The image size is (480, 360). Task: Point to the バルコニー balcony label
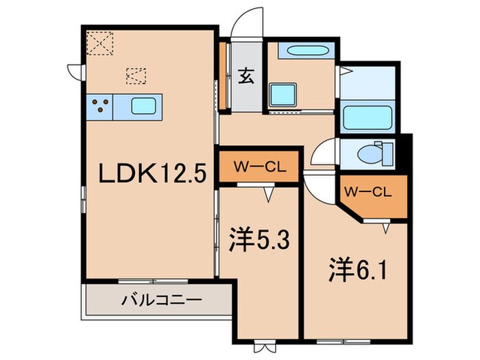(x=161, y=300)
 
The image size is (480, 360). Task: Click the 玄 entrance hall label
(x=245, y=75)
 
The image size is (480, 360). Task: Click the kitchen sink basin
(x=143, y=106)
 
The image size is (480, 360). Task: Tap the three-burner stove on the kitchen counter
(x=100, y=106)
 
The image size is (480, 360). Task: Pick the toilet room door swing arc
(x=322, y=152)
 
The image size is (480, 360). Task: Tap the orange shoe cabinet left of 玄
(x=223, y=75)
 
